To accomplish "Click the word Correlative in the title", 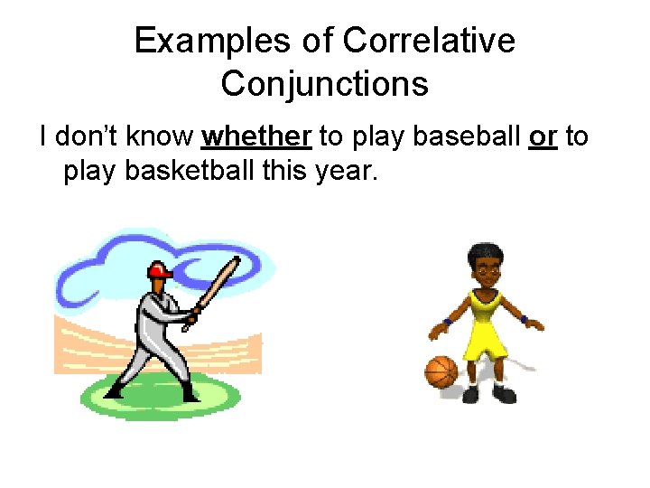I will click(429, 41).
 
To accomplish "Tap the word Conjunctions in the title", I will click(324, 84).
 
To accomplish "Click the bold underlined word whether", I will click(257, 136).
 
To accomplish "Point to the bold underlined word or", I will click(543, 136).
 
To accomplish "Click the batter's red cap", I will click(160, 269).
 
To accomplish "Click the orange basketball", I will click(441, 371).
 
